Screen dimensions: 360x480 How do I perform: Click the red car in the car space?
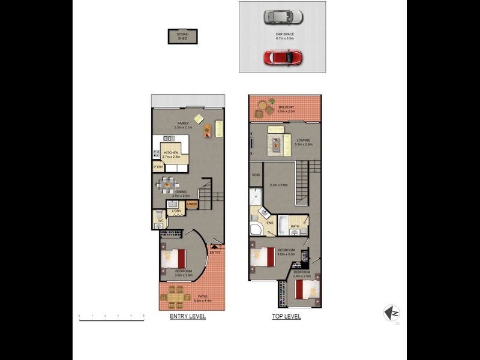click(283, 57)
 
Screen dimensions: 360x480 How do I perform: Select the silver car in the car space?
click(283, 16)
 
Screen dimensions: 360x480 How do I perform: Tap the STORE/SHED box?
click(182, 37)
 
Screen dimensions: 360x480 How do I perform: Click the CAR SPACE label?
click(281, 35)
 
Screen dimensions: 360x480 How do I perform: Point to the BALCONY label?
click(285, 108)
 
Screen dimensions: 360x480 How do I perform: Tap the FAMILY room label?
click(182, 124)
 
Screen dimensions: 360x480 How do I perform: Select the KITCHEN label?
click(171, 153)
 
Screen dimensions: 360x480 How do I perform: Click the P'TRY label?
click(158, 167)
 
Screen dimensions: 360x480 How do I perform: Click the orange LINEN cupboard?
click(191, 205)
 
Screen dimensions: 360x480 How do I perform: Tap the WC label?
click(161, 220)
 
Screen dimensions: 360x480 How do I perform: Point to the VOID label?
click(256, 175)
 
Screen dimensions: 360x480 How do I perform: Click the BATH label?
click(295, 226)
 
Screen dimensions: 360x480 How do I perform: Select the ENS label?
click(270, 223)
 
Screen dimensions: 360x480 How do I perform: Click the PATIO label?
click(203, 296)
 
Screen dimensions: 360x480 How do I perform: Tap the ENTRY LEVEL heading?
click(188, 316)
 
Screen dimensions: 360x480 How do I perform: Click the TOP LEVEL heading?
click(286, 316)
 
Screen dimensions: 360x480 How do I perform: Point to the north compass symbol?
click(392, 313)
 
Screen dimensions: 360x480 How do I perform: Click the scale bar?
click(112, 317)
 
